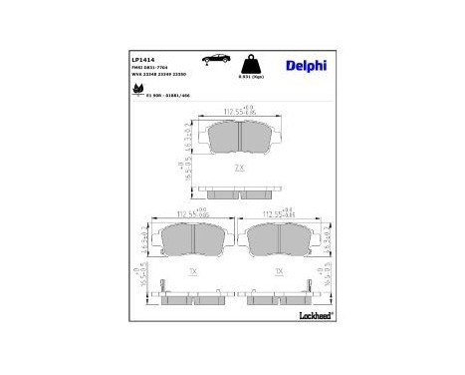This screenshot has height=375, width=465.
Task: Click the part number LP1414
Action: [142, 59]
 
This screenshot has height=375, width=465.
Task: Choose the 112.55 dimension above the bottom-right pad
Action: [280, 213]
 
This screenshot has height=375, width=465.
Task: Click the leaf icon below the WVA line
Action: [135, 89]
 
